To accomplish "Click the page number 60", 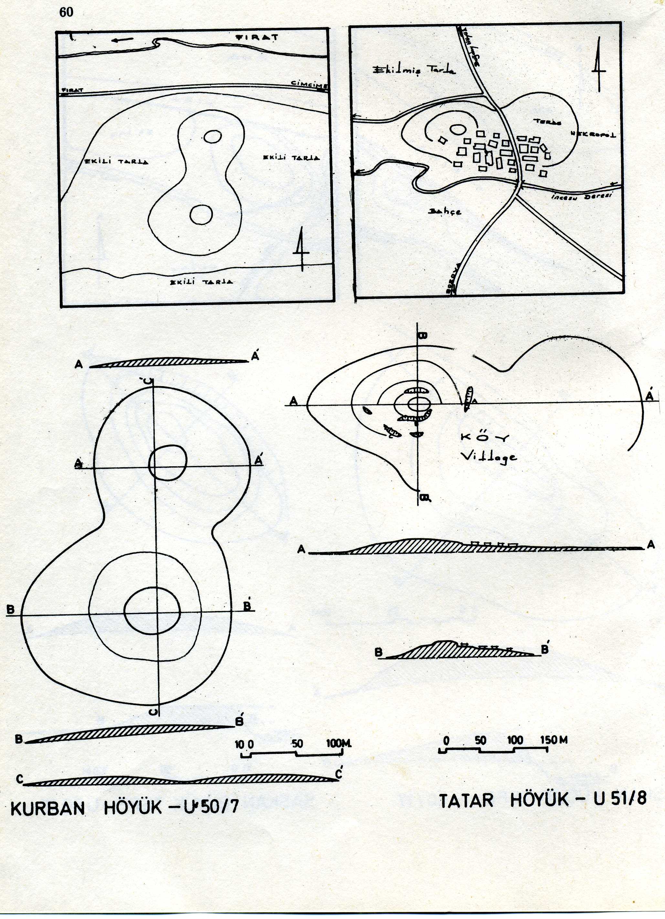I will pos(67,13).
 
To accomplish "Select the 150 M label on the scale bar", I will pos(554,740).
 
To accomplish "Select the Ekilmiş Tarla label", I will pos(413,70).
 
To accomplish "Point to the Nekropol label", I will pos(593,134).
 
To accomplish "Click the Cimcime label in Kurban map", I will pos(310,83).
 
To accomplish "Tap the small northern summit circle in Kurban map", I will pos(212,137).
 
